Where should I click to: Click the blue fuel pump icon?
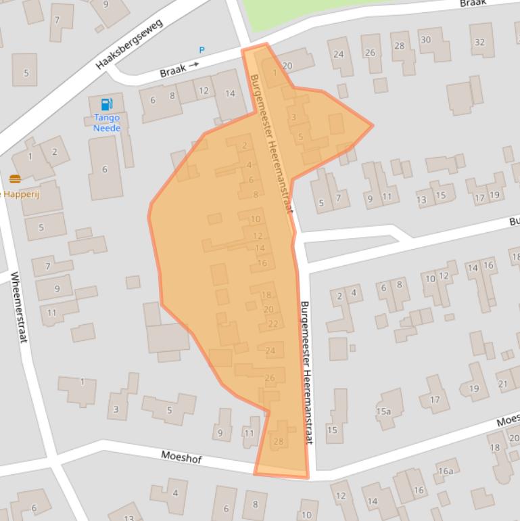click(106, 104)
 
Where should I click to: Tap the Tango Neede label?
click(107, 123)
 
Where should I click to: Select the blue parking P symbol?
click(202, 51)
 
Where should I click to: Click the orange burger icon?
click(15, 179)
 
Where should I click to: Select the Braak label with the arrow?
click(179, 69)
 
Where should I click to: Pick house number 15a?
click(383, 411)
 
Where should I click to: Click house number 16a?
click(446, 471)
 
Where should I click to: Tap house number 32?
click(479, 42)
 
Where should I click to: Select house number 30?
click(425, 40)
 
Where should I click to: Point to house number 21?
click(502, 384)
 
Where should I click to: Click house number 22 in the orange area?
click(273, 323)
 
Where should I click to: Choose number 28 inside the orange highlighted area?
click(279, 442)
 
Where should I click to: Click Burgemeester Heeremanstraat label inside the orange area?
click(271, 143)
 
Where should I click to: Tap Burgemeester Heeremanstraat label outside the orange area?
click(307, 372)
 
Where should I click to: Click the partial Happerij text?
click(12, 194)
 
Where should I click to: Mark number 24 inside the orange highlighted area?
click(270, 350)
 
